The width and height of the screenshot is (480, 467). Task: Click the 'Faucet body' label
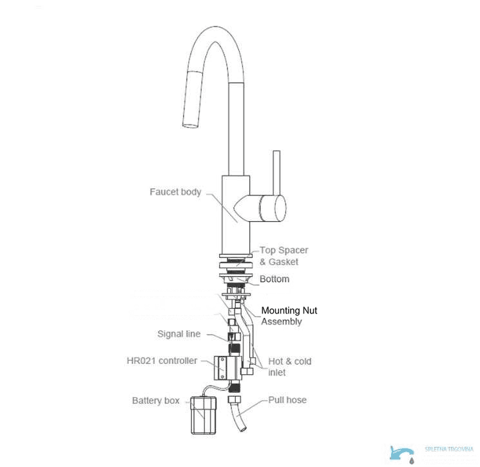click(175, 192)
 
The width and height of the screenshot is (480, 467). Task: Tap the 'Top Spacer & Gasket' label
click(283, 256)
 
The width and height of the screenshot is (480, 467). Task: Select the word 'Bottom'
click(274, 279)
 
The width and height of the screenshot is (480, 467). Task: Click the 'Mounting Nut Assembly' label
click(289, 316)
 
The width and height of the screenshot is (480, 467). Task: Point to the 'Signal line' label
click(179, 333)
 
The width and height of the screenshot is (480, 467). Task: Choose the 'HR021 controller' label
click(162, 361)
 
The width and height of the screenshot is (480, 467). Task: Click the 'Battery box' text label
click(156, 401)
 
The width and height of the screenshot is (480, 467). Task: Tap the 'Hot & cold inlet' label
click(289, 367)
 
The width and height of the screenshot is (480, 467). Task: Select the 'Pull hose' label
click(287, 400)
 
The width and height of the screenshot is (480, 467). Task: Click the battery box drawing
click(203, 415)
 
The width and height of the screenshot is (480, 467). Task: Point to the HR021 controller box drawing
click(228, 368)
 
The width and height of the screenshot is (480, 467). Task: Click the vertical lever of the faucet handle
click(276, 172)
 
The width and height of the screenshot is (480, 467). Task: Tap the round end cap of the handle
click(280, 208)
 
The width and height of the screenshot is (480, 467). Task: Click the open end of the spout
click(190, 125)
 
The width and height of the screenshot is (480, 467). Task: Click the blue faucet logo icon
click(402, 454)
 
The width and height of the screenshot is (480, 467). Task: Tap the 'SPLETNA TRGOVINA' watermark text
click(449, 449)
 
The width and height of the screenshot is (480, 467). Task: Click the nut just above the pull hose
click(234, 399)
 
